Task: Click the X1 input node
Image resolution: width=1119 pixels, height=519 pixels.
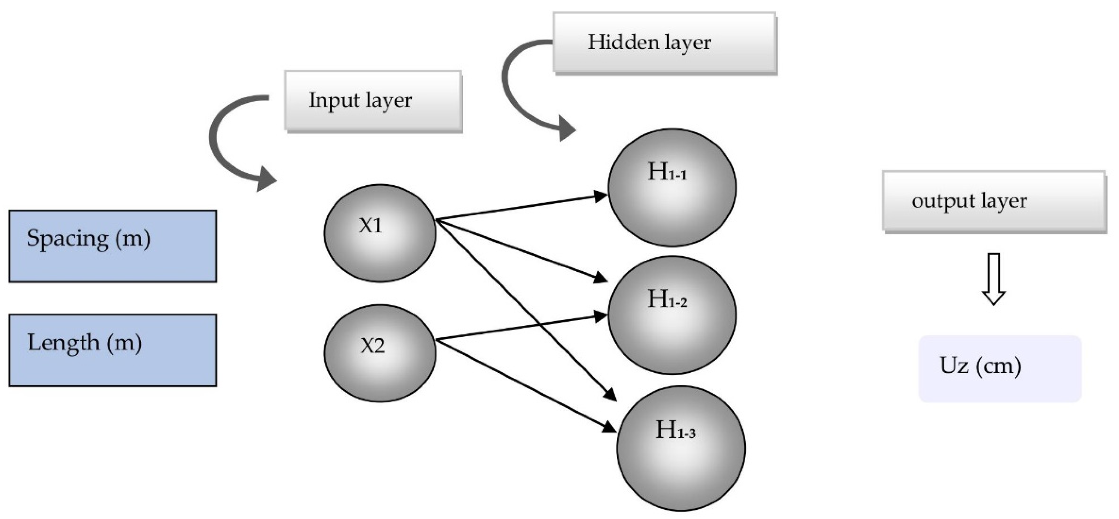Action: tap(380, 233)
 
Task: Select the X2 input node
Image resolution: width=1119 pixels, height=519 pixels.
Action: tap(380, 353)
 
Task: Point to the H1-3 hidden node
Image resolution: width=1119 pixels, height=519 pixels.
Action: tap(681, 448)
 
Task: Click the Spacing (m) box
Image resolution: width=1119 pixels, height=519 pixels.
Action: tap(112, 246)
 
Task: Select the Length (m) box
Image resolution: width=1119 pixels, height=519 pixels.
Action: tap(112, 350)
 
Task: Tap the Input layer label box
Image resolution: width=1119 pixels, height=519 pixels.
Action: tap(373, 100)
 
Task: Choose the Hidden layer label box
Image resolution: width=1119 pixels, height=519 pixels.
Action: tap(664, 42)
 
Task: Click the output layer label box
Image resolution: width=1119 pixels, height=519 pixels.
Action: tap(993, 201)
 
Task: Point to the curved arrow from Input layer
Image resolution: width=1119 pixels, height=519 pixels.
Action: tap(230, 143)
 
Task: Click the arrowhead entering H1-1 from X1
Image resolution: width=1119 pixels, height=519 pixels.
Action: tap(601, 196)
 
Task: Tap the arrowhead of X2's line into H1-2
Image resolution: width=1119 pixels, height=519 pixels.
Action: tap(601, 316)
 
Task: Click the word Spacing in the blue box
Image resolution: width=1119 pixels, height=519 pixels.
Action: tap(67, 239)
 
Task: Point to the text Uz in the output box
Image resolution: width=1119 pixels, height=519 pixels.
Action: tap(954, 365)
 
